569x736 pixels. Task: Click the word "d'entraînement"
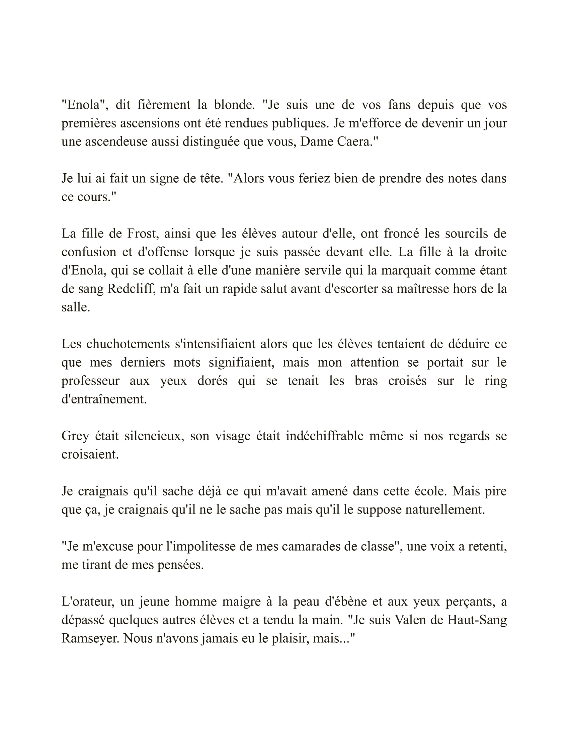(104, 399)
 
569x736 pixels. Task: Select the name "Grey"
(75, 436)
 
